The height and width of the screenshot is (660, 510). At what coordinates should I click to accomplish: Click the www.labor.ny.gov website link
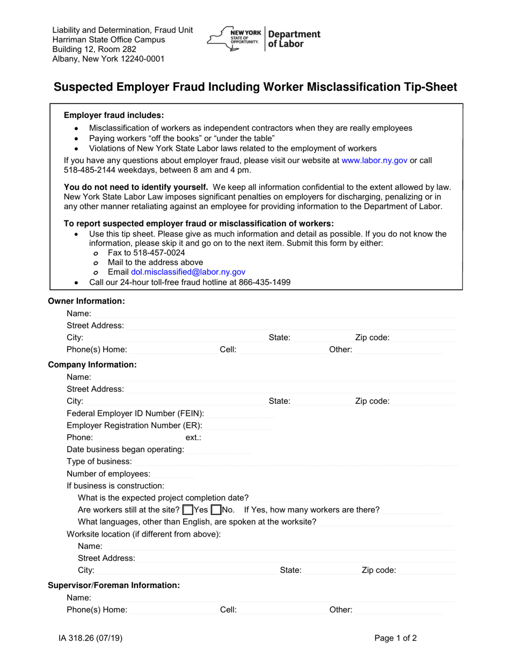pos(374,160)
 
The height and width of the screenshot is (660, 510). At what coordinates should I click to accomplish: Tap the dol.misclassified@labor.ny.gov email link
pos(188,272)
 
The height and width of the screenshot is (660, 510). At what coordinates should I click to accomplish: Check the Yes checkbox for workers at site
pos(188,510)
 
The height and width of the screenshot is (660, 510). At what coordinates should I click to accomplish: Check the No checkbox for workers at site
pos(216,510)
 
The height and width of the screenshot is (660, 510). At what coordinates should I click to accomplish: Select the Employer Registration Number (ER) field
pos(239,426)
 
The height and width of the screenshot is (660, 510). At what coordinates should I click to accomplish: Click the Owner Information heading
pos(86,301)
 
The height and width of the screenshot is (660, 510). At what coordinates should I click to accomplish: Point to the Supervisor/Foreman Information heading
pos(114,585)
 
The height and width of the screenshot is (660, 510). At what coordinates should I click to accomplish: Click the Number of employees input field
pos(173,474)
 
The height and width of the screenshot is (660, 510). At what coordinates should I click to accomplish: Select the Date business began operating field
pos(218,450)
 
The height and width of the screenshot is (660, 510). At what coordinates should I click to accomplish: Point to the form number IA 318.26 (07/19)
pos(94,639)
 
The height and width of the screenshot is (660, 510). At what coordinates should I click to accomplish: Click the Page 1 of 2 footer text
pos(395,639)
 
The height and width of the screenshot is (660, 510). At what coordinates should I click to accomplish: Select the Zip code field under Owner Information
pos(423,338)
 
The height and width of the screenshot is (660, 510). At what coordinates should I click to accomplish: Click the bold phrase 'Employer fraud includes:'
pos(114,115)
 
